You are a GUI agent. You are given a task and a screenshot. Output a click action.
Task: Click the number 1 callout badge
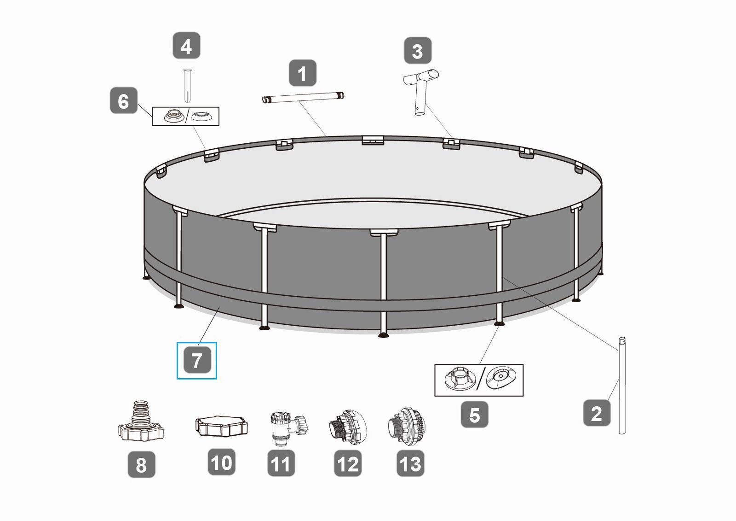point(302,73)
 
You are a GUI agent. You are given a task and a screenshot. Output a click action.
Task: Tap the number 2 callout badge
point(597,413)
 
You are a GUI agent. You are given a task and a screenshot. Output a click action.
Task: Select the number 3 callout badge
point(418,51)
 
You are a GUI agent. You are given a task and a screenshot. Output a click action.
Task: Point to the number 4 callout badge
point(186,46)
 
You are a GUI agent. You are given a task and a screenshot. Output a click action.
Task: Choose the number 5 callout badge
point(474,415)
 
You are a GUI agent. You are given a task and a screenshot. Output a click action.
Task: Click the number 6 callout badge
point(124,100)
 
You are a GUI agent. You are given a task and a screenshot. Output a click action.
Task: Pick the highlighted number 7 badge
point(197,360)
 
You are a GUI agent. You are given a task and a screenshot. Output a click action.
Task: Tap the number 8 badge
point(141,464)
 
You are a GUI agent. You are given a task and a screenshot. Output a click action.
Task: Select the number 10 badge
point(221,462)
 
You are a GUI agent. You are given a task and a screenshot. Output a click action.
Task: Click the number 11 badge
point(281,463)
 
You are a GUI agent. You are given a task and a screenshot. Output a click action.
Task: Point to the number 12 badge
point(348,463)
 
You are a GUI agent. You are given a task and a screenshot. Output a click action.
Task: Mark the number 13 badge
point(410,463)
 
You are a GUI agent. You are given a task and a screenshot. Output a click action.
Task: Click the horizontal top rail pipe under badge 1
point(303,97)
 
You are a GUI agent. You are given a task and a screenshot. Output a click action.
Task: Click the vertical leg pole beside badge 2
point(621,386)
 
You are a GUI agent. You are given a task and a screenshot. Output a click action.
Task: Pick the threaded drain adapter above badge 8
point(141,421)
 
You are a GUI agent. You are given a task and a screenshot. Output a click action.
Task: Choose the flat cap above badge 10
point(221,426)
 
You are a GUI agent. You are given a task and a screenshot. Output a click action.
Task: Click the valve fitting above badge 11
point(288,428)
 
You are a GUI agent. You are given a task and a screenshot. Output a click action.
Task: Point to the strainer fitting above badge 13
point(408,427)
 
